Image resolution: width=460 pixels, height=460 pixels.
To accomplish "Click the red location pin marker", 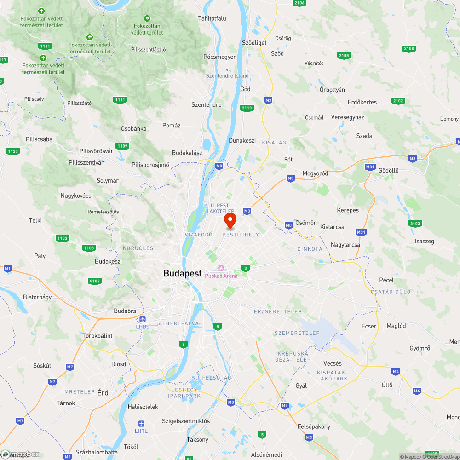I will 230,220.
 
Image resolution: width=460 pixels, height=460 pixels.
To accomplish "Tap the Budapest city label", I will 182,273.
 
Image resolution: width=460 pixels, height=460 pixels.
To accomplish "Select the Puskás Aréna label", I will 221,276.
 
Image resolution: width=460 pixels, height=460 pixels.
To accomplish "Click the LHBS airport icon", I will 143,319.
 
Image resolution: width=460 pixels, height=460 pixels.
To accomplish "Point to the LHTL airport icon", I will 141,424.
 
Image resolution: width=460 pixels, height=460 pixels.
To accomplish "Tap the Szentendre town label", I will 206,104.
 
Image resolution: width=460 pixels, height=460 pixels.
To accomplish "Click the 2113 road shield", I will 247,108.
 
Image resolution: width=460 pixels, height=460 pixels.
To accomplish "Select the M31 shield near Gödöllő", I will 370,167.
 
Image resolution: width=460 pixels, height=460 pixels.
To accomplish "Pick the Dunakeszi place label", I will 242,140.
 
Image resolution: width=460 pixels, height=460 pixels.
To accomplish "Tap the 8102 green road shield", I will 95,281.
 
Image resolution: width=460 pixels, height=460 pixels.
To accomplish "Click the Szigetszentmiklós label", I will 185,421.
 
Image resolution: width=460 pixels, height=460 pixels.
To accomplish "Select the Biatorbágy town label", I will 37,297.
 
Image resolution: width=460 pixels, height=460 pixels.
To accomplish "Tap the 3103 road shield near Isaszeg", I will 415,224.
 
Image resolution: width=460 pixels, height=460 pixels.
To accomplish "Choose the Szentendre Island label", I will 227,76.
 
